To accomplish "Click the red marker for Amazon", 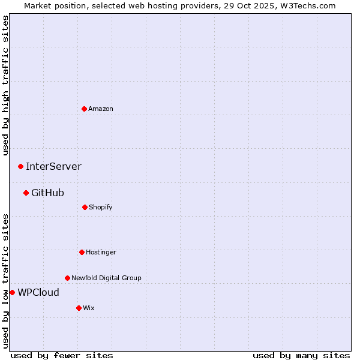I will [84, 109].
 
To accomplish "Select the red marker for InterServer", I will [20, 166].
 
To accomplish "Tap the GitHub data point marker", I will [26, 193].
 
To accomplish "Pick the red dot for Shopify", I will [85, 207].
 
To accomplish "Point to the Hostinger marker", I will [82, 252].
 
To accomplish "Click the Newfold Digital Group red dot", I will [67, 278].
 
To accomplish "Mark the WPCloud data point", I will [12, 292].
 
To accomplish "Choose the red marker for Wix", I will [79, 308].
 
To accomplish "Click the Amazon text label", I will [101, 109].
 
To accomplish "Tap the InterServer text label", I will [53, 166].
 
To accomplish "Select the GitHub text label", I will [47, 193].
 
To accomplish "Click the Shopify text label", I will [101, 207].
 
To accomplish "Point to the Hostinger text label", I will [101, 252].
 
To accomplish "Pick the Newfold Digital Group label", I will [106, 278].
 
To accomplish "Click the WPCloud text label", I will [38, 292].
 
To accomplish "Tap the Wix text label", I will [89, 308].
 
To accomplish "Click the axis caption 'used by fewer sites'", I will [62, 355].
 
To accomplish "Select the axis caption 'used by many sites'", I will [301, 355].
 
